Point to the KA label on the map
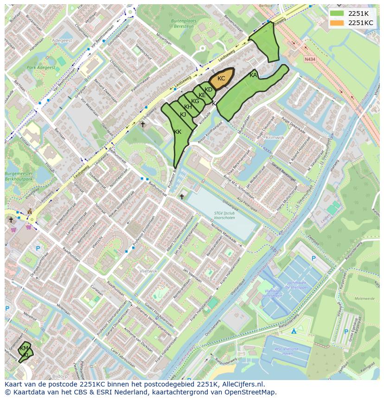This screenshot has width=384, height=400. (253, 75)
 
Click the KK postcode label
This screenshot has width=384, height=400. (178, 132)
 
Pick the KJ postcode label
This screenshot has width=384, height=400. (183, 115)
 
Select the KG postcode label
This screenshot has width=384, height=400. (195, 101)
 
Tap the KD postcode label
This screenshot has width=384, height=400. (208, 90)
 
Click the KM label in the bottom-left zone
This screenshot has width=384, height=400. (24, 348)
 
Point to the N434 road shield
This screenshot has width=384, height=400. (310, 59)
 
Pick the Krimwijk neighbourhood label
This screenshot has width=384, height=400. (275, 138)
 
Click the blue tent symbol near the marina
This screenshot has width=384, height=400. (294, 331)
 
